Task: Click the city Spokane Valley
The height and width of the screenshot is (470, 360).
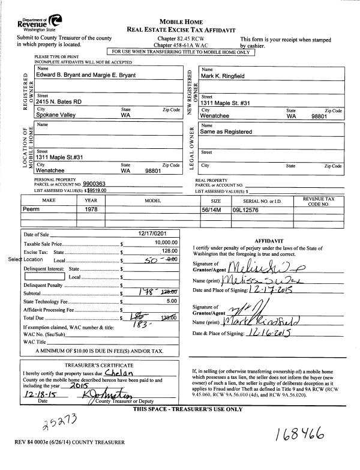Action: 59,115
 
